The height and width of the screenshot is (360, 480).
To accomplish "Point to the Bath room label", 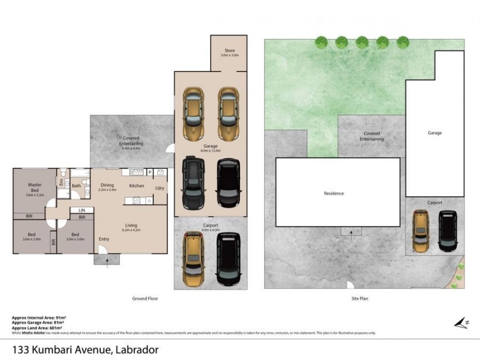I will click(76, 185).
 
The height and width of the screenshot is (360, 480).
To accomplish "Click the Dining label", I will click(107, 185).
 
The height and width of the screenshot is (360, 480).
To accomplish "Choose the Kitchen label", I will click(137, 185).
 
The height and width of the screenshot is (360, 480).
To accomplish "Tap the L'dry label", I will click(160, 188).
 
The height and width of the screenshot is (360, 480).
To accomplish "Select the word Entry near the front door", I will click(104, 239).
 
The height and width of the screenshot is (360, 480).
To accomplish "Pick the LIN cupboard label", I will click(81, 210).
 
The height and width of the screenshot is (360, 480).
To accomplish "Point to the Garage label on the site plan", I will click(434, 133).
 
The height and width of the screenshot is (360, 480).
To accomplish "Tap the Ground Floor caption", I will click(145, 298).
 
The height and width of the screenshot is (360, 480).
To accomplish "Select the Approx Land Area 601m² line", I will click(39, 327).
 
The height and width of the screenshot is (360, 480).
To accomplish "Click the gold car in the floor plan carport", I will click(193, 259).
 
